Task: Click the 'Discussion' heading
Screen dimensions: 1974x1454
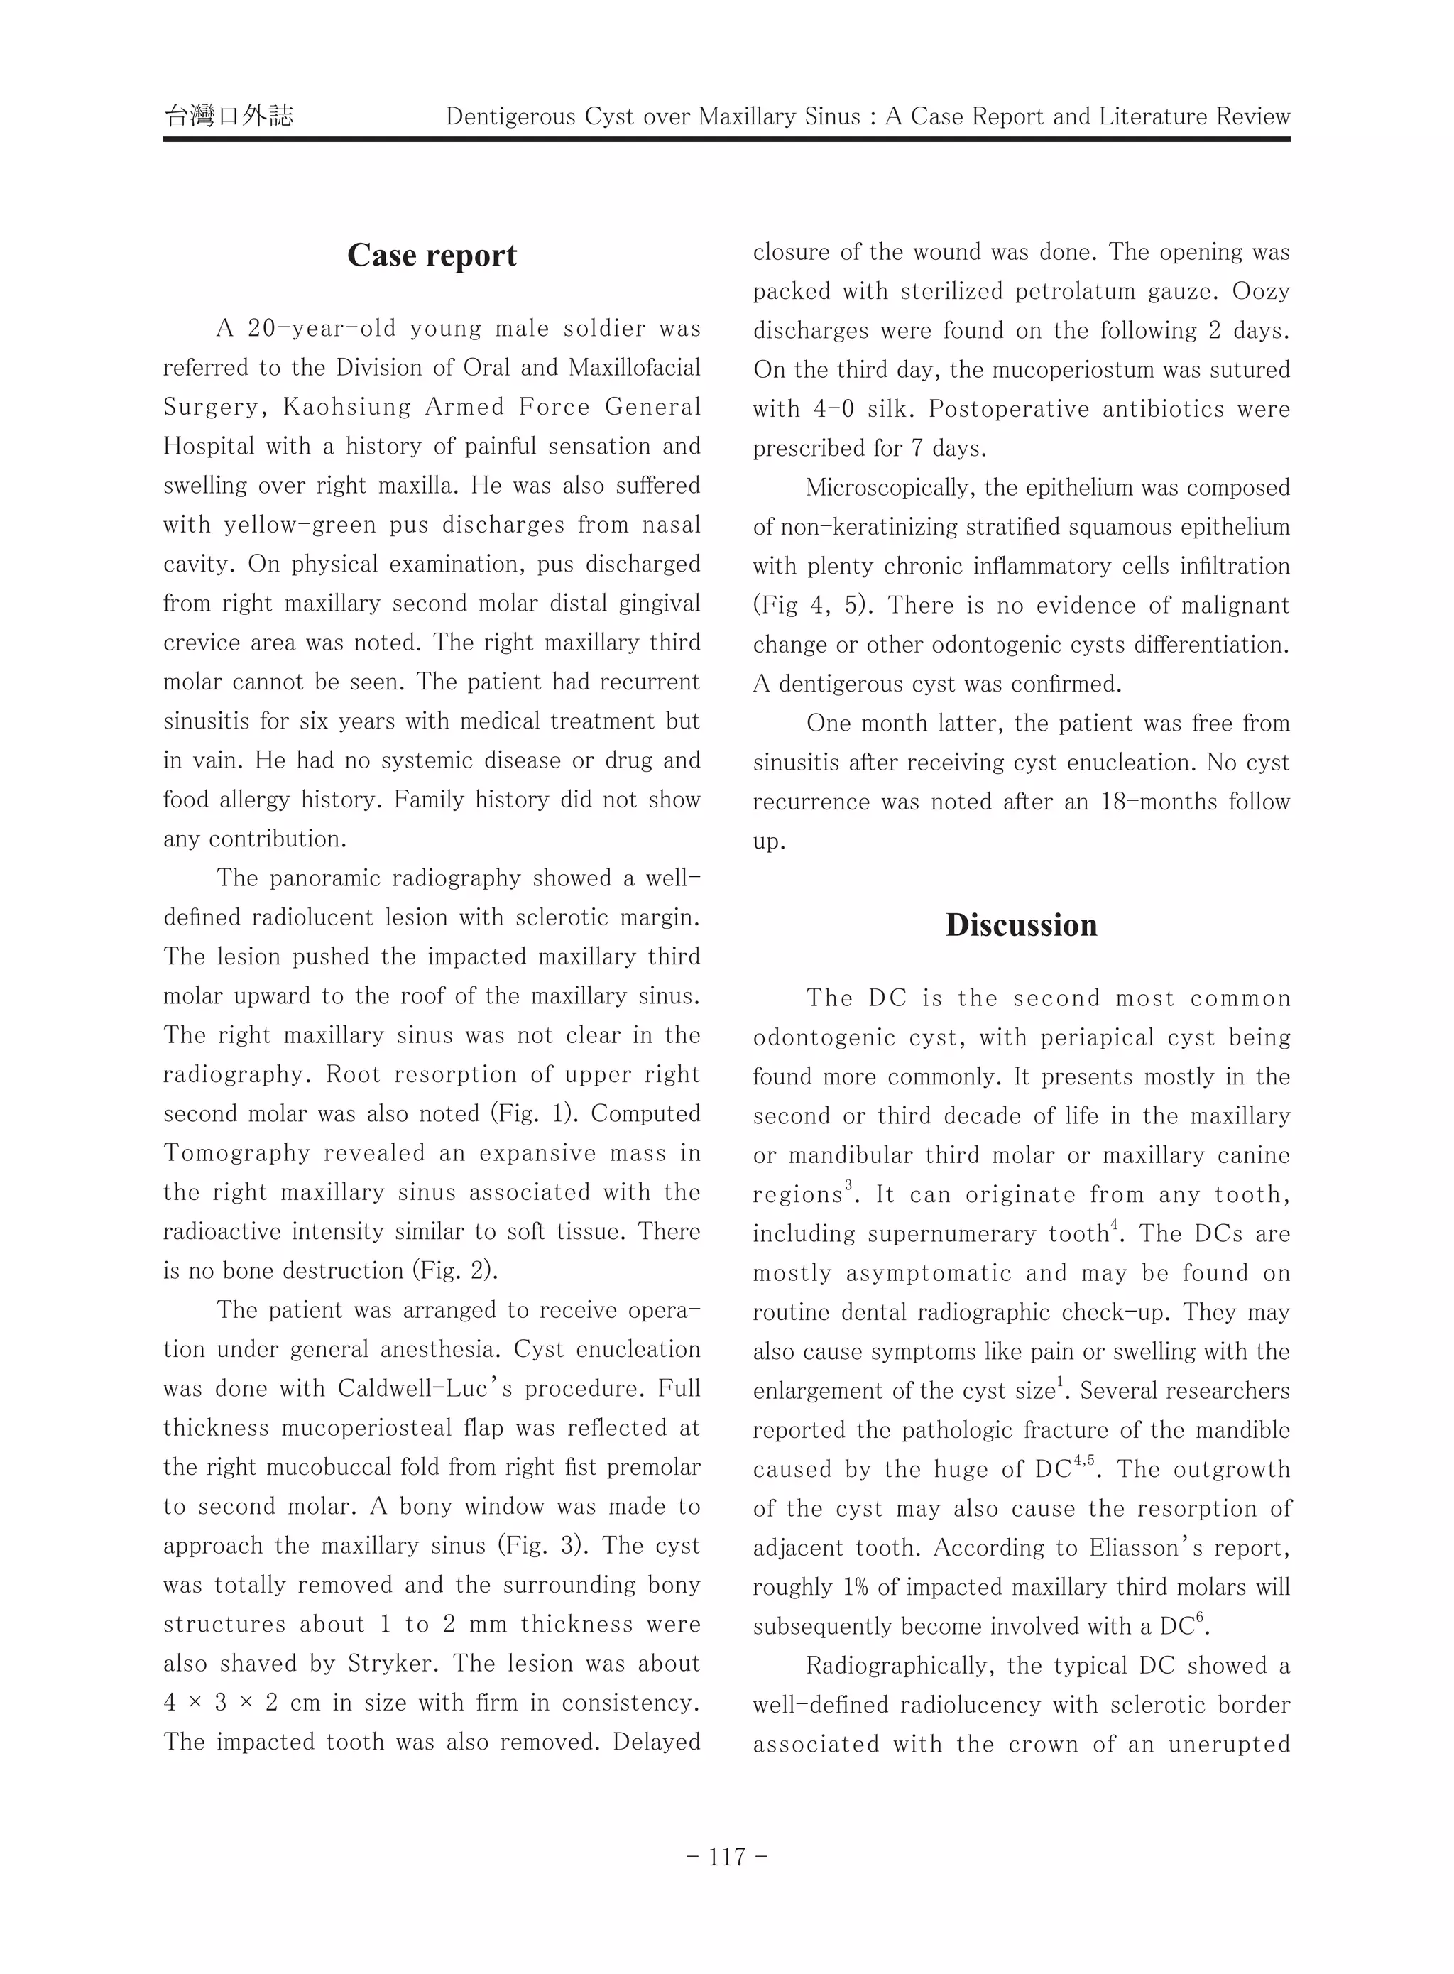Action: click(1021, 925)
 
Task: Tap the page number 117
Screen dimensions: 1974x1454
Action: click(727, 1857)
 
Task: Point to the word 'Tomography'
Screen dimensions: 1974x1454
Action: click(236, 1153)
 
